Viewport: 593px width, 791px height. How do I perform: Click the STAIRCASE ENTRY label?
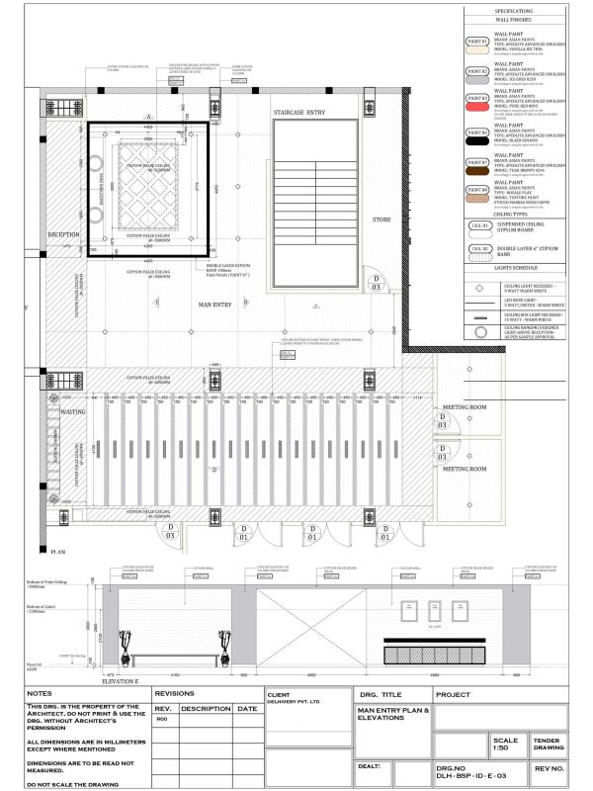click(x=299, y=114)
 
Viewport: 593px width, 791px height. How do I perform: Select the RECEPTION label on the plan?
click(x=63, y=234)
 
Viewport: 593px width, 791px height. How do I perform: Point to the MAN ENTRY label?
click(x=213, y=305)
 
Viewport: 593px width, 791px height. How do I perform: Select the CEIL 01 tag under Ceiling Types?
click(x=479, y=226)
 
